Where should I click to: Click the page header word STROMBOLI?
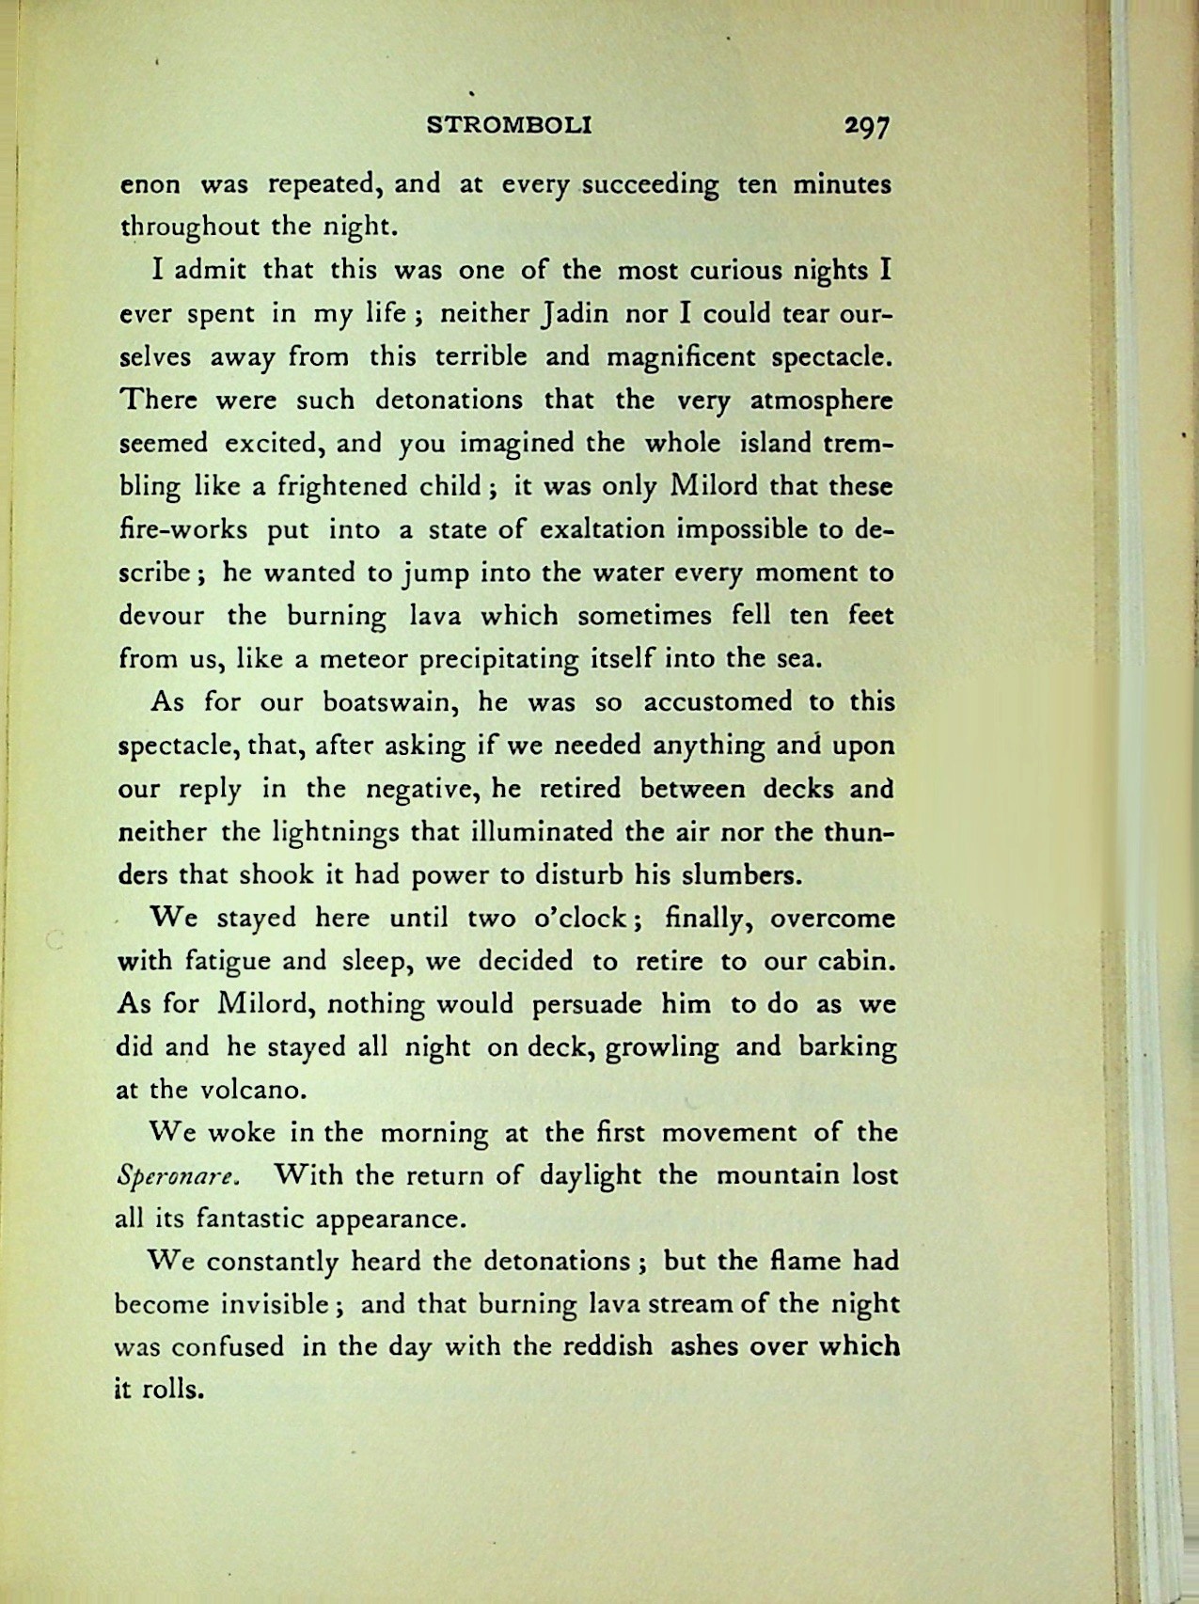pyautogui.click(x=509, y=125)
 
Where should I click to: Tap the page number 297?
pyautogui.click(x=866, y=127)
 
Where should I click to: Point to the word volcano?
pyautogui.click(x=254, y=1091)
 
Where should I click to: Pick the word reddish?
pyautogui.click(x=607, y=1346)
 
